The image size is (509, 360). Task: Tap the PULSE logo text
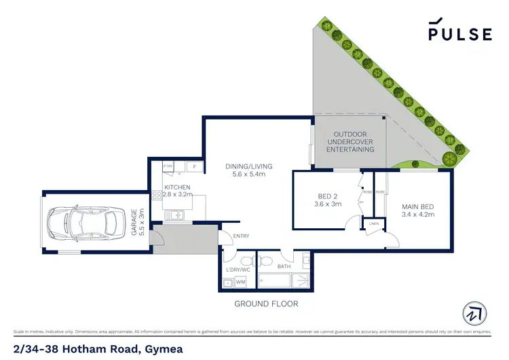459,33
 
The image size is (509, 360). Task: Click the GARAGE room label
138,222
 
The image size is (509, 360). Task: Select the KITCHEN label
176,187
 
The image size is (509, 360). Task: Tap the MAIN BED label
418,206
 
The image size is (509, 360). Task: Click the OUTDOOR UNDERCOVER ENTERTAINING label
350,143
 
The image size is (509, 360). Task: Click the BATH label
283,267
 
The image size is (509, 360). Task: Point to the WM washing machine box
240,282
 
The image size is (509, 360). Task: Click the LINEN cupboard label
373,223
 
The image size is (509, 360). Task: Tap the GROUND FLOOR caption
265,304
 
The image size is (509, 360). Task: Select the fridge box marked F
195,166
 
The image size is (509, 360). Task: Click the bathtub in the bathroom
283,281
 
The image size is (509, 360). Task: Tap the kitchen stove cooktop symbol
157,195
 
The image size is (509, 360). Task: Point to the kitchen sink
175,216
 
